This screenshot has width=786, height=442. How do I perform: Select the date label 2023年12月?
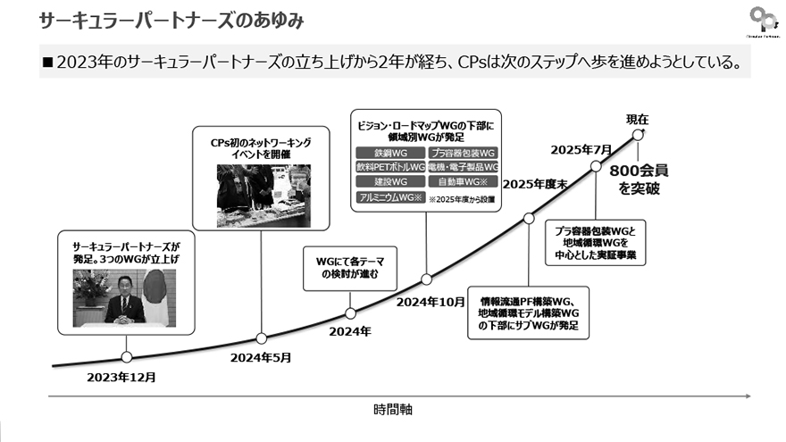[121, 377]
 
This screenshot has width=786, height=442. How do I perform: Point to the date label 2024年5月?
[261, 358]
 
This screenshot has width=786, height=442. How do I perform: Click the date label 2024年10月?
[431, 302]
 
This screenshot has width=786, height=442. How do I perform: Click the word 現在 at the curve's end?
[638, 119]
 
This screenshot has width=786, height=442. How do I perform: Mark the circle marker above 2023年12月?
[126, 356]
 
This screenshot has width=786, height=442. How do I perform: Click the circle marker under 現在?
[638, 134]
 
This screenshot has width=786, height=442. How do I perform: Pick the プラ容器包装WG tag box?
[462, 154]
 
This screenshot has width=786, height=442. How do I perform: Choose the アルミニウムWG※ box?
[389, 197]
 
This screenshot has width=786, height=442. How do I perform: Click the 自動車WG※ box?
[462, 181]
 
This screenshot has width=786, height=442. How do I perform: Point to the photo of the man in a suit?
[125, 296]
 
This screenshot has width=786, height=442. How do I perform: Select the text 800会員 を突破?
[640, 179]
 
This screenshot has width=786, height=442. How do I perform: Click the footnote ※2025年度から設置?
[463, 198]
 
